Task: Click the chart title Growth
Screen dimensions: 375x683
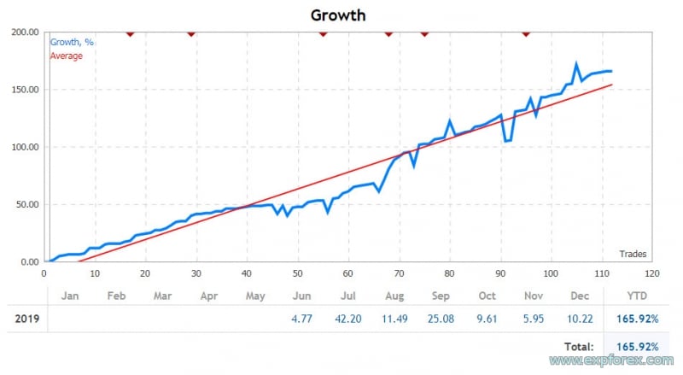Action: pos(338,15)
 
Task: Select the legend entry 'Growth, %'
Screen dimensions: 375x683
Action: pos(72,42)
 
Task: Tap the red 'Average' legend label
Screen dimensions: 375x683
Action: pos(67,56)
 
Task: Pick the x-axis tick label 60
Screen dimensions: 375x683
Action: pos(348,273)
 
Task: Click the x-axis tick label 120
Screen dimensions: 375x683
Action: pos(653,273)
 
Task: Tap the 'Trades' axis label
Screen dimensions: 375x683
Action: pos(633,253)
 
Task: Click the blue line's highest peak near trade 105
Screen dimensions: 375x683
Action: pos(576,64)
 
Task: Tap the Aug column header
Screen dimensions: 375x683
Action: pos(394,296)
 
